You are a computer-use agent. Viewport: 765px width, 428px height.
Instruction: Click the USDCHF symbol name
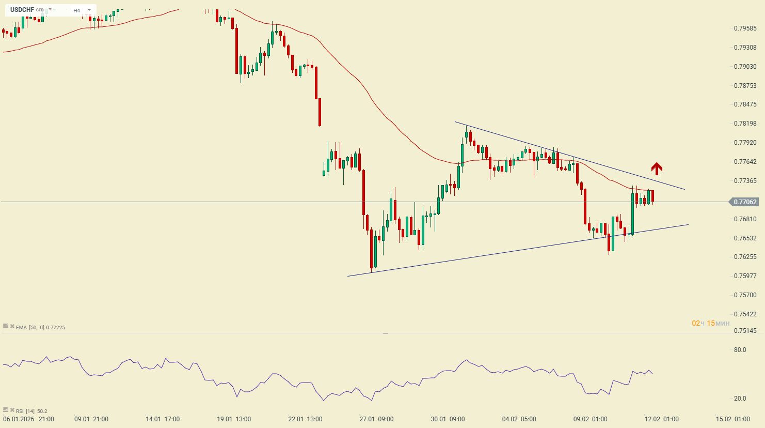[22, 10]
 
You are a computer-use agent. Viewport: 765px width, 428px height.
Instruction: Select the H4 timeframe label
[76, 10]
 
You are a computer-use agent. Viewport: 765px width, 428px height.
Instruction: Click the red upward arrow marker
[656, 169]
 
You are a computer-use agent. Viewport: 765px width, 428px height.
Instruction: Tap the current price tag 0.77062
[745, 202]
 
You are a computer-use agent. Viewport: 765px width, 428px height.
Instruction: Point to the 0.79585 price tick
[745, 28]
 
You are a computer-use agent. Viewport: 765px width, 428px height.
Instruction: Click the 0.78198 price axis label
[745, 124]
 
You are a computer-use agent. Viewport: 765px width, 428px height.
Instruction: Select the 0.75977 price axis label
[745, 276]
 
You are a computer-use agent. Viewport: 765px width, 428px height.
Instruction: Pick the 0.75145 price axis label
[745, 331]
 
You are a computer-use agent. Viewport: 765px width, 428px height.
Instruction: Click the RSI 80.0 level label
[740, 350]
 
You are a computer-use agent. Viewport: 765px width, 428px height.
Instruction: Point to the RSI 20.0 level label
[740, 399]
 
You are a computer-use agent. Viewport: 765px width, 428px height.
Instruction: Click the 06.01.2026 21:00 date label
[29, 419]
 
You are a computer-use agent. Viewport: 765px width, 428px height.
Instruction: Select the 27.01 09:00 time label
[377, 419]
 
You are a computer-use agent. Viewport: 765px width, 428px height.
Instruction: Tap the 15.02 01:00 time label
[733, 419]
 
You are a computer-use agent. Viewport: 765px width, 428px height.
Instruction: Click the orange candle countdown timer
[711, 324]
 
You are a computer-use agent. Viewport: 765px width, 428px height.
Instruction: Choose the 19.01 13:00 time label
[234, 419]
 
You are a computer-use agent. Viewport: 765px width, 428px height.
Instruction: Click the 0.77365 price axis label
[745, 181]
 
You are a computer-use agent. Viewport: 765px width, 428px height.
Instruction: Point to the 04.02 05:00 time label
[519, 419]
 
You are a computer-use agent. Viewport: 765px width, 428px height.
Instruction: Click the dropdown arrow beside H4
[89, 10]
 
